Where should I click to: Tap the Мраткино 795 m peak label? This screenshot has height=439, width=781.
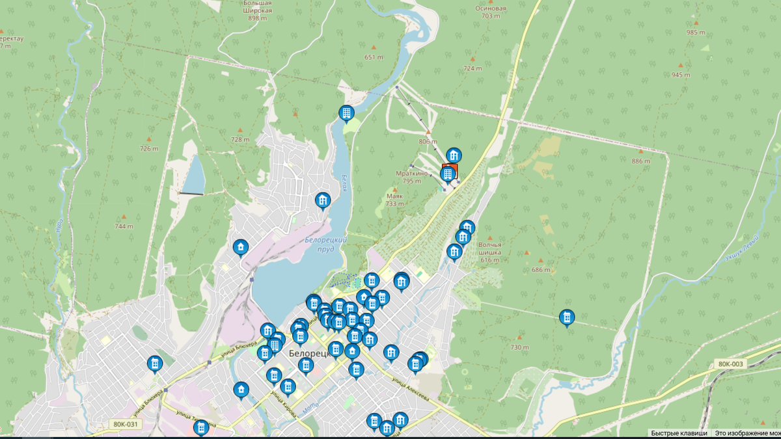click(x=412, y=177)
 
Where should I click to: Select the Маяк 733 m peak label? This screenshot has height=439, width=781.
click(x=394, y=200)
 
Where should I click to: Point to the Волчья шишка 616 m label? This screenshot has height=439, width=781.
click(x=490, y=252)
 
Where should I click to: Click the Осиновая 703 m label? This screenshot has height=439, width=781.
click(x=491, y=12)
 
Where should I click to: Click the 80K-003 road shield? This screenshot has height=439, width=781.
click(x=731, y=364)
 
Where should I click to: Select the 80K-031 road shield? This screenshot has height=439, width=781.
click(x=126, y=425)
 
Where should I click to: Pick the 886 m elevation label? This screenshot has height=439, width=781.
click(x=641, y=161)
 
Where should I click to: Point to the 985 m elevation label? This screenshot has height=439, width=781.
click(x=696, y=33)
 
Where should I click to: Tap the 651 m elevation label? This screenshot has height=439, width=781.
click(x=374, y=57)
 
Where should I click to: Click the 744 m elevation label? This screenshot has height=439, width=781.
click(x=124, y=226)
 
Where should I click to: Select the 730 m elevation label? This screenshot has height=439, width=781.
click(x=519, y=347)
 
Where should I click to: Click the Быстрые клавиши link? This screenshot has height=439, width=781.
click(x=679, y=433)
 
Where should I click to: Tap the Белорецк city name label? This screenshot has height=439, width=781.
click(x=308, y=353)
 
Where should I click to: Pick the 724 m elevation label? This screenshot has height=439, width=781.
click(x=473, y=68)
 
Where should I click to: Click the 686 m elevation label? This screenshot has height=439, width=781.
click(x=540, y=270)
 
